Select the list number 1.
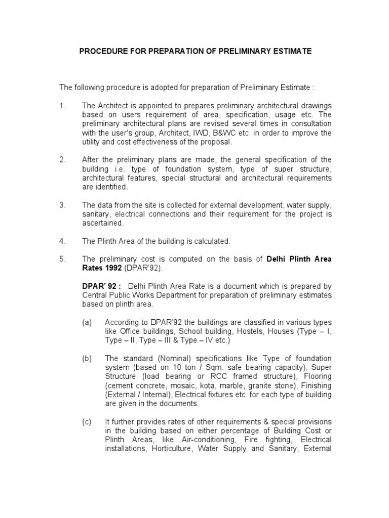coord(62,105)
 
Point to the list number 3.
coord(62,205)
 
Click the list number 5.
coord(62,259)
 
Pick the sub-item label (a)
coord(87,322)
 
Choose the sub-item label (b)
coord(87,358)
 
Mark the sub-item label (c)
coord(87,421)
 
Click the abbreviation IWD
coord(208,133)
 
